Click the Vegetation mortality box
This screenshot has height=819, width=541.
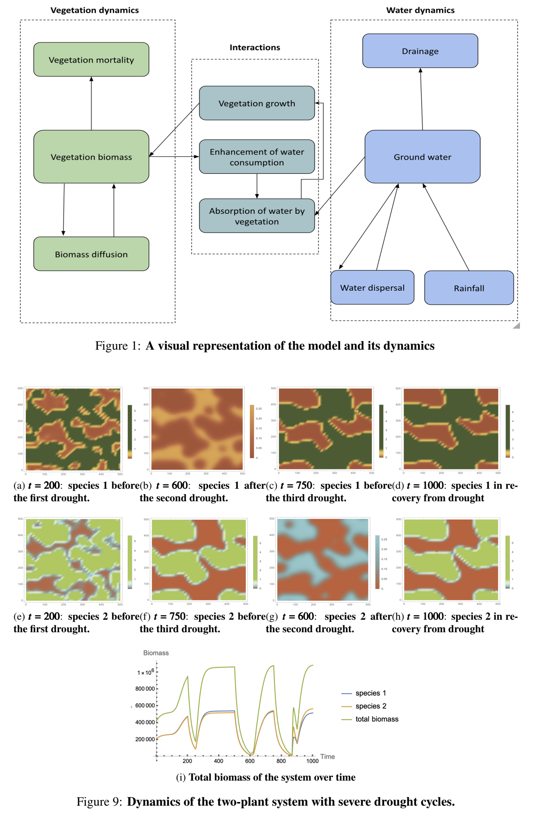[91, 59]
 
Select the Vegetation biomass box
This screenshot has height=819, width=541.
[91, 156]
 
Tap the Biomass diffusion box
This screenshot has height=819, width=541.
[91, 254]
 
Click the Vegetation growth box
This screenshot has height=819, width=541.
[257, 103]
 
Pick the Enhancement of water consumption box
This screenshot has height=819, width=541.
[257, 157]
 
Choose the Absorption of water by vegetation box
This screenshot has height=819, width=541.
[257, 216]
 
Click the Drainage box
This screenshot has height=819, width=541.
[420, 51]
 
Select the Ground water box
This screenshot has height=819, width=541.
[422, 156]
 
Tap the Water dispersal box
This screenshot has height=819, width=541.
[372, 287]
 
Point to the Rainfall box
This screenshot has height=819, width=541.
[469, 288]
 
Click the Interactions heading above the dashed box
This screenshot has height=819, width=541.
[255, 47]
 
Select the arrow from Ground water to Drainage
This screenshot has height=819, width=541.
[421, 99]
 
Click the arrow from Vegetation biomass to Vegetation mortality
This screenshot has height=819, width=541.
[91, 103]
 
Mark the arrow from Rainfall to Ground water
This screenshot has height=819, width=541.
[446, 227]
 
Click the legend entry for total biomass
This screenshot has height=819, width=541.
[376, 719]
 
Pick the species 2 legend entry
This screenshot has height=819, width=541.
[370, 706]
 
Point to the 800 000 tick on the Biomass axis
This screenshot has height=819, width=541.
[145, 688]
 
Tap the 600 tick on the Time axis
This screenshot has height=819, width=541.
[250, 761]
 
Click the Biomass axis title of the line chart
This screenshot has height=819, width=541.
[156, 653]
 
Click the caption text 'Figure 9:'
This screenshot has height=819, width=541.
[99, 802]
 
